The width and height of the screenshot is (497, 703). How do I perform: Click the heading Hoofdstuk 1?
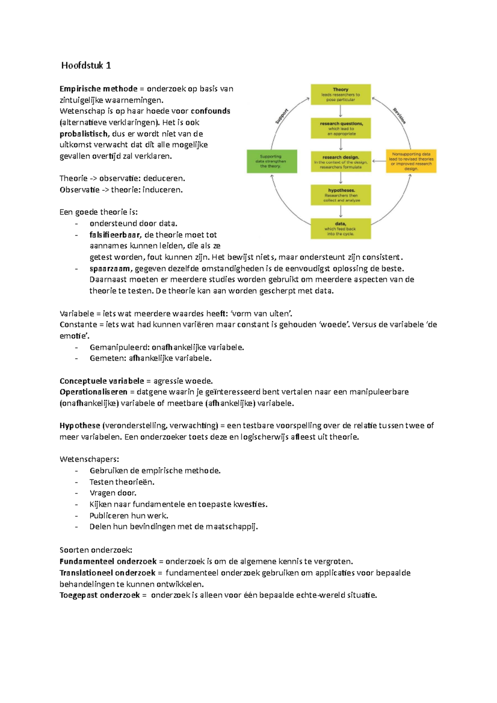tap(86, 65)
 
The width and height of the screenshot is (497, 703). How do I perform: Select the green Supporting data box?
tap(272, 161)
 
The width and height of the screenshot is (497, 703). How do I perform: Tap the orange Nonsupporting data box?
tap(411, 161)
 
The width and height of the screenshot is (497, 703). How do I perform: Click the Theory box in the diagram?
tap(340, 94)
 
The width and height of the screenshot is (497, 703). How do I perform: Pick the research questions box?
tap(341, 128)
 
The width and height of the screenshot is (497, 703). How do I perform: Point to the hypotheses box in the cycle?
tap(341, 195)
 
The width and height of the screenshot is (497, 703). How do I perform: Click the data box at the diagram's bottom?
tap(341, 229)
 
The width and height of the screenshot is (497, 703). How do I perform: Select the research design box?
tap(341, 162)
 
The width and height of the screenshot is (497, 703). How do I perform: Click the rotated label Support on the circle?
tap(282, 116)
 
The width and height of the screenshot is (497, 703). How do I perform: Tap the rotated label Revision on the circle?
tap(400, 116)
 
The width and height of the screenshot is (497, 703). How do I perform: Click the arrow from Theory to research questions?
tap(340, 111)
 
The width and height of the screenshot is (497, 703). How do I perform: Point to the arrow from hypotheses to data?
tap(341, 212)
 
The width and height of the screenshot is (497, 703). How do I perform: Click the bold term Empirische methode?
tap(98, 89)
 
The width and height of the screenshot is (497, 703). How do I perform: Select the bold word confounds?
tap(210, 111)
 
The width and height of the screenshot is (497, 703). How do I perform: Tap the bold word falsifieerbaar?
tap(115, 235)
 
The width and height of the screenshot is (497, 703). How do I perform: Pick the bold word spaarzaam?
tap(110, 268)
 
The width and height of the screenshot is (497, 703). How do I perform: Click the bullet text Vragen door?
tap(113, 493)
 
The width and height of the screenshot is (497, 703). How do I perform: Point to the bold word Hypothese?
tap(80, 425)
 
